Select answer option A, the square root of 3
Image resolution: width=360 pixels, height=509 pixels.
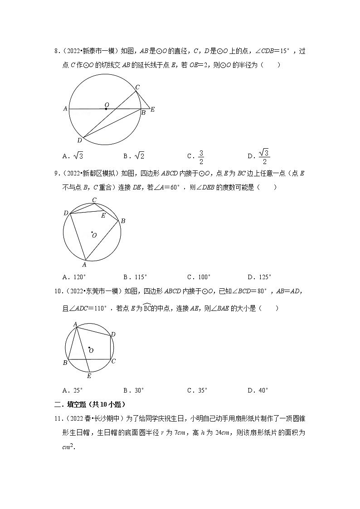tap(73, 156)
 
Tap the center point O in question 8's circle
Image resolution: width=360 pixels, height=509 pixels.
tap(106, 108)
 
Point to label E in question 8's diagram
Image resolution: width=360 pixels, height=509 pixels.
tap(153, 109)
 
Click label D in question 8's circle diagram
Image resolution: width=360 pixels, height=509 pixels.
tap(79, 141)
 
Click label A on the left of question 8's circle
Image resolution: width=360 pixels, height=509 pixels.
tap(65, 109)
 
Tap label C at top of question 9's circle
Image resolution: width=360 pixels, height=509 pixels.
tap(94, 200)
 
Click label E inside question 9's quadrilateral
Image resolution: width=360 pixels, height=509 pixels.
tap(103, 216)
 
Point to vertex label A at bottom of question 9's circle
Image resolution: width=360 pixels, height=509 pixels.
tap(84, 264)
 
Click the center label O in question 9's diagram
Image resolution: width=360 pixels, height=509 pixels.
tap(94, 235)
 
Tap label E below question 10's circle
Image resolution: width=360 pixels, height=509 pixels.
tap(89, 376)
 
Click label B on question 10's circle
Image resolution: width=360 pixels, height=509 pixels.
tap(65, 363)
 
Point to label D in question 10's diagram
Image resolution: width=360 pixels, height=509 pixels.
tap(113, 334)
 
